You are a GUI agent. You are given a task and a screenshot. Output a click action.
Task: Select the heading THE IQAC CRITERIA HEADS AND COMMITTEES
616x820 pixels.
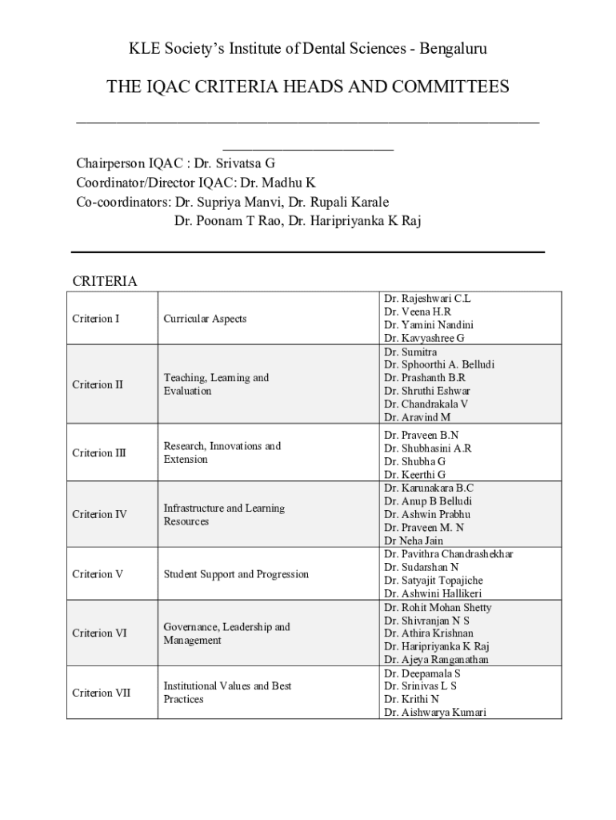(x=308, y=87)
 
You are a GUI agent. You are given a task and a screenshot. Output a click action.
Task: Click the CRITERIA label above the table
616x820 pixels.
(x=105, y=281)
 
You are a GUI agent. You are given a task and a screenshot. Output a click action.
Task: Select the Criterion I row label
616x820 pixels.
(x=95, y=319)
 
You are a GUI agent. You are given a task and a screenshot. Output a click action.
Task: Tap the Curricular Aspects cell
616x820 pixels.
(x=205, y=319)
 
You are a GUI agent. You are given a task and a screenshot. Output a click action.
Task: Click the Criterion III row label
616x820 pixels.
(x=98, y=453)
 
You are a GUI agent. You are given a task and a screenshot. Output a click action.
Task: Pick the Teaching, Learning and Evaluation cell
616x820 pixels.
(x=216, y=384)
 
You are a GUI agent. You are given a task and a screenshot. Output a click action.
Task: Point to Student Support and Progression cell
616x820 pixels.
(x=236, y=574)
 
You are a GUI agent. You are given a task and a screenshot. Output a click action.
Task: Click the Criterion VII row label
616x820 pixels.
(x=101, y=693)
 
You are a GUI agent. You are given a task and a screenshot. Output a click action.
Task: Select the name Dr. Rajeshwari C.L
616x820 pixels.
(x=427, y=299)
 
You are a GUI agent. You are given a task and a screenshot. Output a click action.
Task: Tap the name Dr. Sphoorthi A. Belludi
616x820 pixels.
(x=438, y=364)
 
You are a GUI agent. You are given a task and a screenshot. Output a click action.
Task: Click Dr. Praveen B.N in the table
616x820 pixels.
(x=421, y=435)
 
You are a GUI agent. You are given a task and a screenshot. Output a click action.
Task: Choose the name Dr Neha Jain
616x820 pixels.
(x=413, y=541)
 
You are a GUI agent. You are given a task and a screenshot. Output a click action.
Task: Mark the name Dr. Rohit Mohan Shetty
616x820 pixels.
(x=438, y=607)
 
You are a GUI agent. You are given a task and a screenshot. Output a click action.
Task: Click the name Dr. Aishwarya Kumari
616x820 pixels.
(x=434, y=712)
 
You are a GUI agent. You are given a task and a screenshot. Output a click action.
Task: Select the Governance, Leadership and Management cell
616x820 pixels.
(x=226, y=633)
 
